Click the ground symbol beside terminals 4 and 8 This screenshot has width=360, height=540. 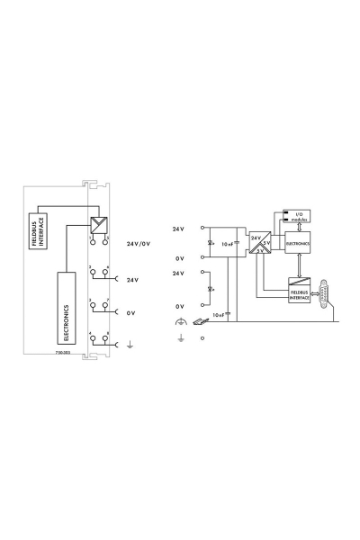coord(131,343)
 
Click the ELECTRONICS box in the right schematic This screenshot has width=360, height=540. coord(298,243)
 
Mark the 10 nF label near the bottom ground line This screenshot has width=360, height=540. coord(219,313)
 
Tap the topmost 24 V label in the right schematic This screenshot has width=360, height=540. coord(178,229)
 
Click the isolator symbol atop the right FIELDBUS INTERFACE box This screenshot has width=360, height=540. coord(298,282)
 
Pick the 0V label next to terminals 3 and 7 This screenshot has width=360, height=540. coord(130,312)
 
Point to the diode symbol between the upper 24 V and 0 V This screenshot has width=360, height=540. coord(210,243)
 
